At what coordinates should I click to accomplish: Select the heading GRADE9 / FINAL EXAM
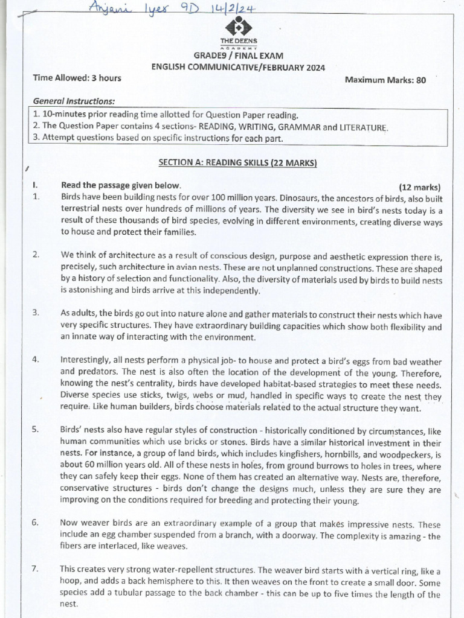click(239, 56)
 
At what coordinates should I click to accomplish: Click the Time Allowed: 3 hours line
click(77, 78)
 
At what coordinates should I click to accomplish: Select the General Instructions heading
click(74, 101)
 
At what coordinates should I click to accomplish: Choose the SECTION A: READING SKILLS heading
click(237, 162)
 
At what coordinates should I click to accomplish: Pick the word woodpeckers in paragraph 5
click(398, 454)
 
